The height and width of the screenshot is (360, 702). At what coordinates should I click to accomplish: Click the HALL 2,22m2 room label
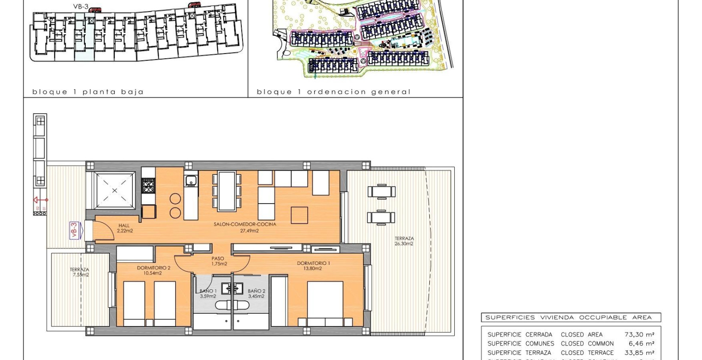point(124,228)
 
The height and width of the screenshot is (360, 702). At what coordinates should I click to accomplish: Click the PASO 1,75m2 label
point(218,261)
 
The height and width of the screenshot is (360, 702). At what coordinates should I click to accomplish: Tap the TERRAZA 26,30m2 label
point(404,241)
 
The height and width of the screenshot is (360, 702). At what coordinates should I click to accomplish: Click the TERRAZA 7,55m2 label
point(80,272)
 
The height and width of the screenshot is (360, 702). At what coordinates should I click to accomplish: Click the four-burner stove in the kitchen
point(148,186)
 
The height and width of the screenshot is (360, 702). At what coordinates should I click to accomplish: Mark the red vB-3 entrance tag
point(74,230)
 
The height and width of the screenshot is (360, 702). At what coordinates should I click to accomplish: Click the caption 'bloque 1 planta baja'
point(88,92)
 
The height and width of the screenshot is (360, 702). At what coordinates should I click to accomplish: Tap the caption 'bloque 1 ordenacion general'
point(333,92)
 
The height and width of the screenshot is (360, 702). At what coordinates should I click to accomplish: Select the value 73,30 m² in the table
point(639,334)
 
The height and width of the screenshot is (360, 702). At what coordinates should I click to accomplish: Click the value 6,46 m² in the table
point(641,343)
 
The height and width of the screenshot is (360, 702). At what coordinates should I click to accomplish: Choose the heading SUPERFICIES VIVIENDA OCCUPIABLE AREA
point(568,318)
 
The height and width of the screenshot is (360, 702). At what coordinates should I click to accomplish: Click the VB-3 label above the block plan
point(81,7)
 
